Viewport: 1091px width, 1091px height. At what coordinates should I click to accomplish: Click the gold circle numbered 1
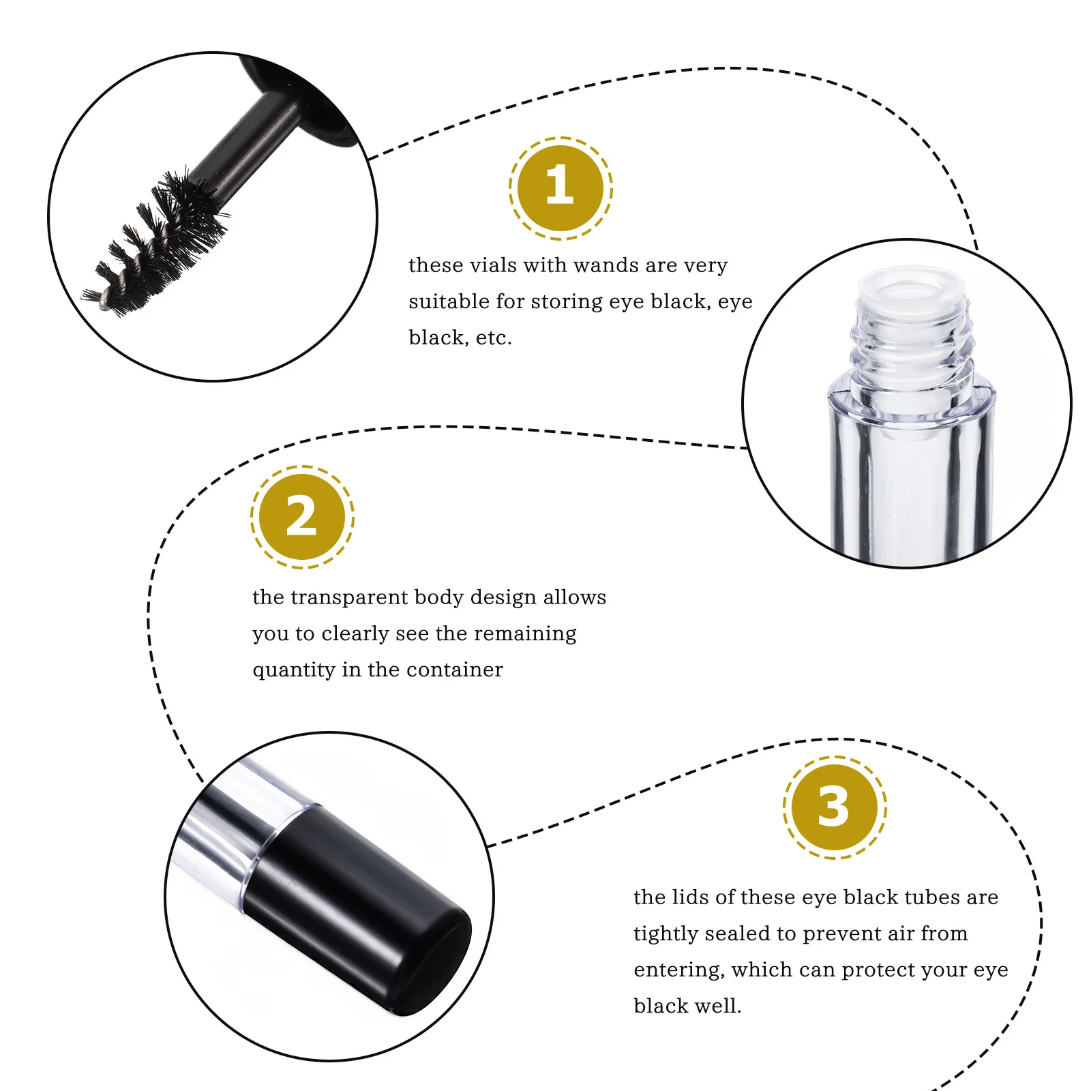pyautogui.click(x=561, y=188)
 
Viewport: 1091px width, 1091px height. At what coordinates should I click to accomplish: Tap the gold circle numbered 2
pyautogui.click(x=302, y=517)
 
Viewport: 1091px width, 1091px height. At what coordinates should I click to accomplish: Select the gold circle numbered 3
pyautogui.click(x=834, y=807)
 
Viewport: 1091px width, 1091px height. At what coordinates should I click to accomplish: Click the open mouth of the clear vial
pyautogui.click(x=911, y=287)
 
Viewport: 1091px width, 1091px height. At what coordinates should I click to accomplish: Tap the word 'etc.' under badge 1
pyautogui.click(x=494, y=338)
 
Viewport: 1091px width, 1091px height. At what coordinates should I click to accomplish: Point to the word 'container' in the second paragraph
pyautogui.click(x=464, y=670)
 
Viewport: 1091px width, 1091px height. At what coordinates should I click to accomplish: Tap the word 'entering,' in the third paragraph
pyautogui.click(x=678, y=970)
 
